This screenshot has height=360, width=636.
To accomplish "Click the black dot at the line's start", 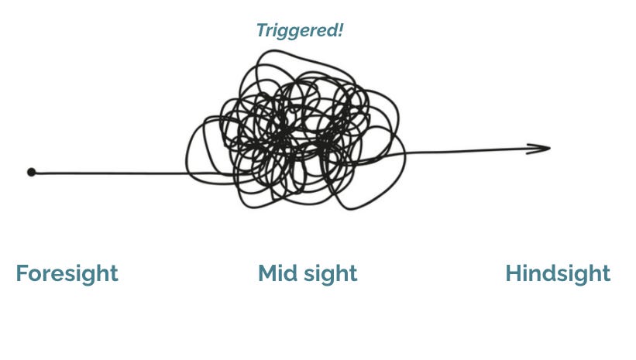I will tap(31, 172).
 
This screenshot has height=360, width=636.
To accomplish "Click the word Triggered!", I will tap(300, 32).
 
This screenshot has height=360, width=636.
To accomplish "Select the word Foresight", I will tap(67, 273).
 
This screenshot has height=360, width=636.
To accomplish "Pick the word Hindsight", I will tap(558, 273).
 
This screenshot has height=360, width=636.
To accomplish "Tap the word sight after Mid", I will tap(331, 274).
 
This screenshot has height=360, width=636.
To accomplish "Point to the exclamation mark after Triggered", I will tap(340, 31).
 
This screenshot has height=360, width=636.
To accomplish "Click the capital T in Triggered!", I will tap(261, 32).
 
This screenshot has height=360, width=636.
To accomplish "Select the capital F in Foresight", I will tap(22, 273).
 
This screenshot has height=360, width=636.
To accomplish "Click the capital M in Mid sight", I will tap(268, 273).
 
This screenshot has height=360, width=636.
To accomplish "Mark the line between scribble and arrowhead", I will tap(465, 151).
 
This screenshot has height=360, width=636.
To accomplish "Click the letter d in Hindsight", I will tap(551, 273).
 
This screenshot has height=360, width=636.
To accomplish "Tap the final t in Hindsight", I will tap(606, 274).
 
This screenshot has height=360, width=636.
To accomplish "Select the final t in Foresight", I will tap(114, 274).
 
